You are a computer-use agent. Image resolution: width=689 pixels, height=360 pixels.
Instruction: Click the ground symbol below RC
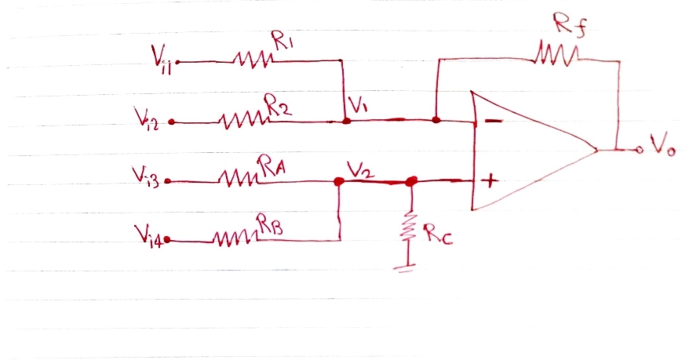pyautogui.click(x=406, y=266)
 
